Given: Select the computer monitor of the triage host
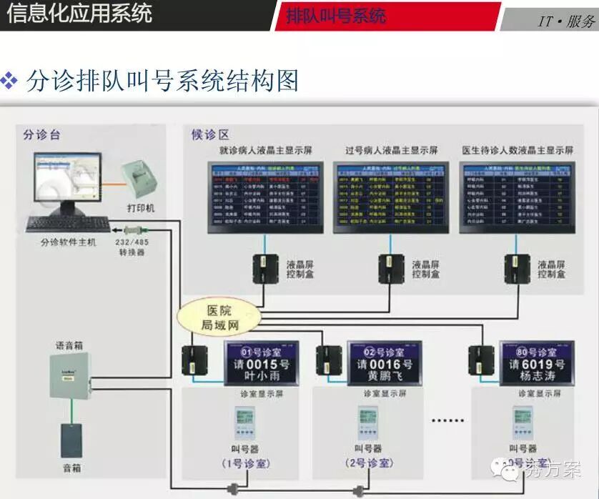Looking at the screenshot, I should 64,182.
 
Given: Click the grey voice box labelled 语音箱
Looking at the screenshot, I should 69,376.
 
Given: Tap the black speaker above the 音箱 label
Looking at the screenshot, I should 71,440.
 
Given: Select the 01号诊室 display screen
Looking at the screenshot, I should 261,363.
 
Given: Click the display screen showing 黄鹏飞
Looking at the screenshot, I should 385,363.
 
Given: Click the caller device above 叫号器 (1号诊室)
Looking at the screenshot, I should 244,424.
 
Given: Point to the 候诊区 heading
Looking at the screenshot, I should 209,134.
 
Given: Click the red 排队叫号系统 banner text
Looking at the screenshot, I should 336,16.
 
